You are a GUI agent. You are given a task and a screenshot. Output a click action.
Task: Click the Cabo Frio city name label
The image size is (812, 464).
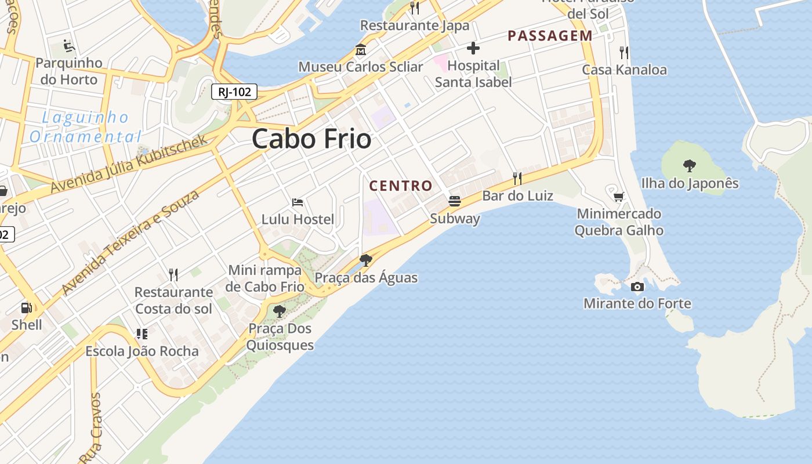click(x=311, y=139)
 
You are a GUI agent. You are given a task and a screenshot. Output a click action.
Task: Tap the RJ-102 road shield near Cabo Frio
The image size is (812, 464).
click(x=234, y=92)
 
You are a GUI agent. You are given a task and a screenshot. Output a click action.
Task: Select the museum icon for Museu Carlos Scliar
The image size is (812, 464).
click(x=361, y=49)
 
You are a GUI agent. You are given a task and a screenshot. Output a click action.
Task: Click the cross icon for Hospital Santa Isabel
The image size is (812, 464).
click(x=473, y=48)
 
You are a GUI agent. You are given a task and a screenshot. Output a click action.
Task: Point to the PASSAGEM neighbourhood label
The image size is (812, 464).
click(x=550, y=36)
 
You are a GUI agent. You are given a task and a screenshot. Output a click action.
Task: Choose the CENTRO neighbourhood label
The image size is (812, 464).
click(x=401, y=186)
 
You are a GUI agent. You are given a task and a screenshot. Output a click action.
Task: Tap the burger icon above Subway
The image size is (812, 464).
click(x=455, y=201)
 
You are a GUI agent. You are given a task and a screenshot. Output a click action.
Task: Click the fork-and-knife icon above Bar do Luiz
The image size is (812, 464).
click(x=517, y=178)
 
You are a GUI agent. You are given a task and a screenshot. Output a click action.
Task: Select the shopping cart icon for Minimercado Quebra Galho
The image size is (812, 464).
click(x=619, y=197)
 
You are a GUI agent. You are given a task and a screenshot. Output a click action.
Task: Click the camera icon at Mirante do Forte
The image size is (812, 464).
click(x=637, y=287)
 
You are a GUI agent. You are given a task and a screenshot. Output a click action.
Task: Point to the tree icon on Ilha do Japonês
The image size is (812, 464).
click(x=689, y=166)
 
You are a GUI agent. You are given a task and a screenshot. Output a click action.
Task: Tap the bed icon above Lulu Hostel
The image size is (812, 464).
click(x=298, y=202)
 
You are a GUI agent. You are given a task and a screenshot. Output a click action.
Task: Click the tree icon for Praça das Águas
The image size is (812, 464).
click(x=365, y=260)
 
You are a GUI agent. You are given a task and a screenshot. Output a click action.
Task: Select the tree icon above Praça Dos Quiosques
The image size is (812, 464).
click(x=280, y=311)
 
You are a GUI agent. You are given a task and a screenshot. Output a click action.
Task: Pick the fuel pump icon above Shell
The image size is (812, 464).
click(x=27, y=307)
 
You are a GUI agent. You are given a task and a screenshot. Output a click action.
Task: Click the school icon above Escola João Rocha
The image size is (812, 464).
click(x=142, y=333)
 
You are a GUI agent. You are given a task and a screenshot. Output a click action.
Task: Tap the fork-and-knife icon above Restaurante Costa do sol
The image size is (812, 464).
click(x=173, y=274)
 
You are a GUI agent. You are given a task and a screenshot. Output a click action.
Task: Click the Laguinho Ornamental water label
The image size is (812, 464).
click(x=85, y=127)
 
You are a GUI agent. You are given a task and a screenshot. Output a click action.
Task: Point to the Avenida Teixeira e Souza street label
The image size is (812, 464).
click(x=130, y=241)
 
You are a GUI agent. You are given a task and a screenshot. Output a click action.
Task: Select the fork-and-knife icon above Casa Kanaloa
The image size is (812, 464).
click(x=624, y=53)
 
